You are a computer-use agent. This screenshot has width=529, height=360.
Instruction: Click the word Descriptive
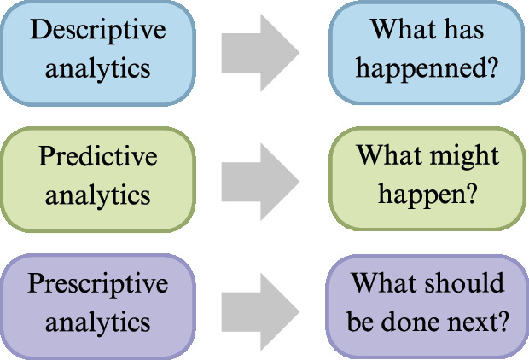[97, 31]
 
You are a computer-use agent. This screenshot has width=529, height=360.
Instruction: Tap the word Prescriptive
[97, 284]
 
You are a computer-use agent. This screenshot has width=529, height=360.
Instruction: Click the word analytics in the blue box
[97, 68]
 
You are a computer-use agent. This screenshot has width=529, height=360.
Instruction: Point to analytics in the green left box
[97, 195]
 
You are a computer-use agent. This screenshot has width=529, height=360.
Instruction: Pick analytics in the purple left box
[97, 322]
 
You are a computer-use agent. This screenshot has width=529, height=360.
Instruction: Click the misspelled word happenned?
[427, 68]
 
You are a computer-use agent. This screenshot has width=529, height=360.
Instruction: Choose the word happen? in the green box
[427, 195]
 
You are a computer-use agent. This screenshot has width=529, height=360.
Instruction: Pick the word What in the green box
[389, 157]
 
